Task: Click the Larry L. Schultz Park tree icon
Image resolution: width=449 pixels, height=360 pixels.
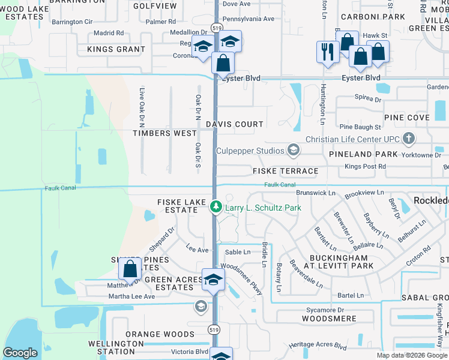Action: [x=216, y=207]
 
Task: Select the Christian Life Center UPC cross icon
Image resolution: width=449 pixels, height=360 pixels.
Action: [x=409, y=139]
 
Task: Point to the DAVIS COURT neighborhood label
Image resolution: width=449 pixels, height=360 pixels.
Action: [x=235, y=124]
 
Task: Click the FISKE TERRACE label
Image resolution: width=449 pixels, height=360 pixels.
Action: [x=285, y=171]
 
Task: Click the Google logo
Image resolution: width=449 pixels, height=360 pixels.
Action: [x=20, y=353]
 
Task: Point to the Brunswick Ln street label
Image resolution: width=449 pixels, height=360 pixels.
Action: [x=315, y=193]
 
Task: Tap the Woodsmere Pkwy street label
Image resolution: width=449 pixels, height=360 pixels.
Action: [x=242, y=280]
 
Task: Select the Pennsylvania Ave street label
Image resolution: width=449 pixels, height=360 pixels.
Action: [x=249, y=19]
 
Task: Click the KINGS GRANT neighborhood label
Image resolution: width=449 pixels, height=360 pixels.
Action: [x=116, y=49]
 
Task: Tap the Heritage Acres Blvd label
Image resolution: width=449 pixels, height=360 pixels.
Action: [x=318, y=346]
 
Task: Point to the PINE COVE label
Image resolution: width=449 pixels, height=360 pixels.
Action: [x=407, y=118]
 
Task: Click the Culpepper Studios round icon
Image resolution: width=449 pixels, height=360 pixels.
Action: [x=294, y=150]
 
